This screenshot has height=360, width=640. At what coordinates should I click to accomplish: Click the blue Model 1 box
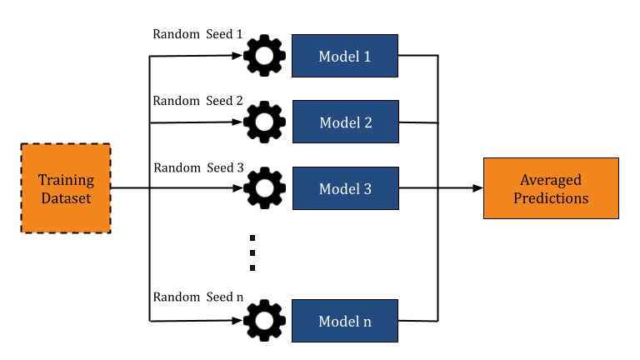(x=344, y=56)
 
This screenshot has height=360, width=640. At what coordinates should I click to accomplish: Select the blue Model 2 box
(x=345, y=122)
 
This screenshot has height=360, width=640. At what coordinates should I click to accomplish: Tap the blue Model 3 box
(x=345, y=188)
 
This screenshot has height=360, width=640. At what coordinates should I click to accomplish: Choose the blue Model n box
(x=344, y=321)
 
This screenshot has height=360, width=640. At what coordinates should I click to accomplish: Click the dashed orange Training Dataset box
(x=66, y=188)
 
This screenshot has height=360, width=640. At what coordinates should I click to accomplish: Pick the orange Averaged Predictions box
(x=551, y=188)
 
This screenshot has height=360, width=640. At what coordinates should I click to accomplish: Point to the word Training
(x=66, y=180)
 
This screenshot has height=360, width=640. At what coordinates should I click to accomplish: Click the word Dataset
(x=66, y=198)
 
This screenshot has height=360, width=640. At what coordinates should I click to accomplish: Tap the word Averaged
(x=551, y=180)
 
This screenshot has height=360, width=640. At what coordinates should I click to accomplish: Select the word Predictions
(x=551, y=198)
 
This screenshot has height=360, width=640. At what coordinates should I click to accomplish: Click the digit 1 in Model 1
(x=367, y=57)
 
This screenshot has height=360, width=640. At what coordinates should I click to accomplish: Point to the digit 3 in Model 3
(x=367, y=189)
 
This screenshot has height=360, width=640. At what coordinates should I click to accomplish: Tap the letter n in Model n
(x=367, y=322)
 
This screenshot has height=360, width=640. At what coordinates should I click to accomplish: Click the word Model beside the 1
(x=338, y=57)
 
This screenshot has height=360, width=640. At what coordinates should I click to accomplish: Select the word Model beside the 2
(x=339, y=122)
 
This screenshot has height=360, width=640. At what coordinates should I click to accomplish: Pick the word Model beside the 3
(x=339, y=189)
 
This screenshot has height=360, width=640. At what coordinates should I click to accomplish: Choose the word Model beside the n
(x=338, y=322)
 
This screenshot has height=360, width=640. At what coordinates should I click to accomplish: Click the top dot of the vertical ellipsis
(x=252, y=237)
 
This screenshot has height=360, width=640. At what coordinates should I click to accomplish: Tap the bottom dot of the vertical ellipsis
(x=252, y=267)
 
